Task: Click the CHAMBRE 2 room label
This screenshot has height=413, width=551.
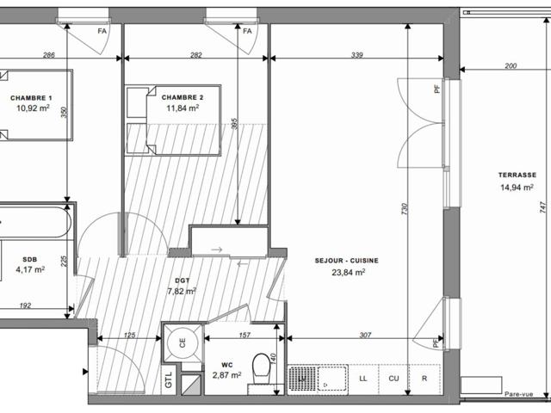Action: pyautogui.click(x=183, y=97)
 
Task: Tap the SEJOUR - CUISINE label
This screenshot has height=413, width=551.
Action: pyautogui.click(x=346, y=261)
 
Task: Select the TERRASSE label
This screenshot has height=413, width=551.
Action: pyautogui.click(x=517, y=175)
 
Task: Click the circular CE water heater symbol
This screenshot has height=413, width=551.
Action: pyautogui.click(x=183, y=342)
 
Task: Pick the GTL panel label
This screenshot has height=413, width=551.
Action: pyautogui.click(x=169, y=380)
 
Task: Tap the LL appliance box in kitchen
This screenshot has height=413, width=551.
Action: pyautogui.click(x=363, y=379)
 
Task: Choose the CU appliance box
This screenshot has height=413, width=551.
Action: pyautogui.click(x=393, y=379)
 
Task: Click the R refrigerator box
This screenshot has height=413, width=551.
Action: pyautogui.click(x=424, y=379)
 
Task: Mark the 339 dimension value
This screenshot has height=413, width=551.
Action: pyautogui.click(x=357, y=55)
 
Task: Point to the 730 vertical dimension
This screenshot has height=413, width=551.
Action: pyautogui.click(x=405, y=209)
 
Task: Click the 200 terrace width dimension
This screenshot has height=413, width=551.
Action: pyautogui.click(x=511, y=65)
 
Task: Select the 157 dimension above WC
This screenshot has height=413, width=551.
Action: pyautogui.click(x=245, y=335)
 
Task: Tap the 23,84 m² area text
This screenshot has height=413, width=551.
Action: pyautogui.click(x=348, y=272)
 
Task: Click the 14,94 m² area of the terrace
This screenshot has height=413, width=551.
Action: pyautogui.click(x=517, y=188)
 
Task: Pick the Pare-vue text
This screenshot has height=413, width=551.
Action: pyautogui.click(x=518, y=394)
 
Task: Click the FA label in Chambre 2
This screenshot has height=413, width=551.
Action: pyautogui.click(x=247, y=31)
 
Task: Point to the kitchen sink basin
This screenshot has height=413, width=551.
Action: pyautogui.click(x=332, y=379)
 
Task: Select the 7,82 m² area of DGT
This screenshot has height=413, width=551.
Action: pyautogui.click(x=182, y=291)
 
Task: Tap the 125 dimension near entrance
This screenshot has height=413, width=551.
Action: pyautogui.click(x=129, y=335)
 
